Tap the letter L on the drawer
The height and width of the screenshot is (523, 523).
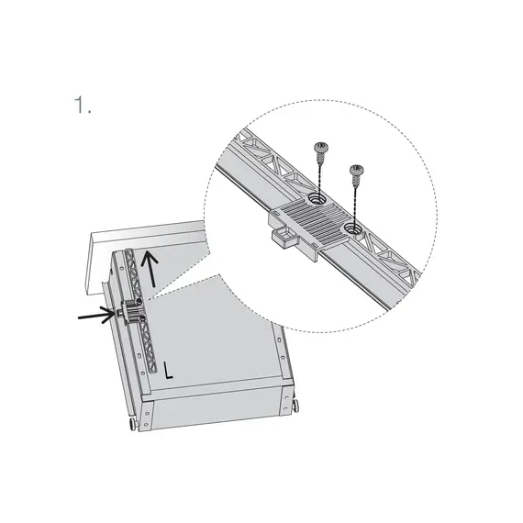(169, 371)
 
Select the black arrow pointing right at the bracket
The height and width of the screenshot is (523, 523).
(96, 316)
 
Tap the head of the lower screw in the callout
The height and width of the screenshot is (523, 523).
(357, 170)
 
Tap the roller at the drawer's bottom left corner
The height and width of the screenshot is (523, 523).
(133, 426)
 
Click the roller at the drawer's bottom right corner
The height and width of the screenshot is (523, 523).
(295, 406)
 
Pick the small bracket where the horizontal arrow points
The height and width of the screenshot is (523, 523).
(130, 312)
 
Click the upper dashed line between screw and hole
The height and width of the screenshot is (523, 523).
(319, 174)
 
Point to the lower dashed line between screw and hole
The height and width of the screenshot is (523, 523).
(355, 200)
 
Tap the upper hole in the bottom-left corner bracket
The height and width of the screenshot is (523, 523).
(147, 413)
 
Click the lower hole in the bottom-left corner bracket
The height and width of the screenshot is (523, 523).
(147, 424)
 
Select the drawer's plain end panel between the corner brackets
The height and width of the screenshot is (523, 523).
(215, 412)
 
